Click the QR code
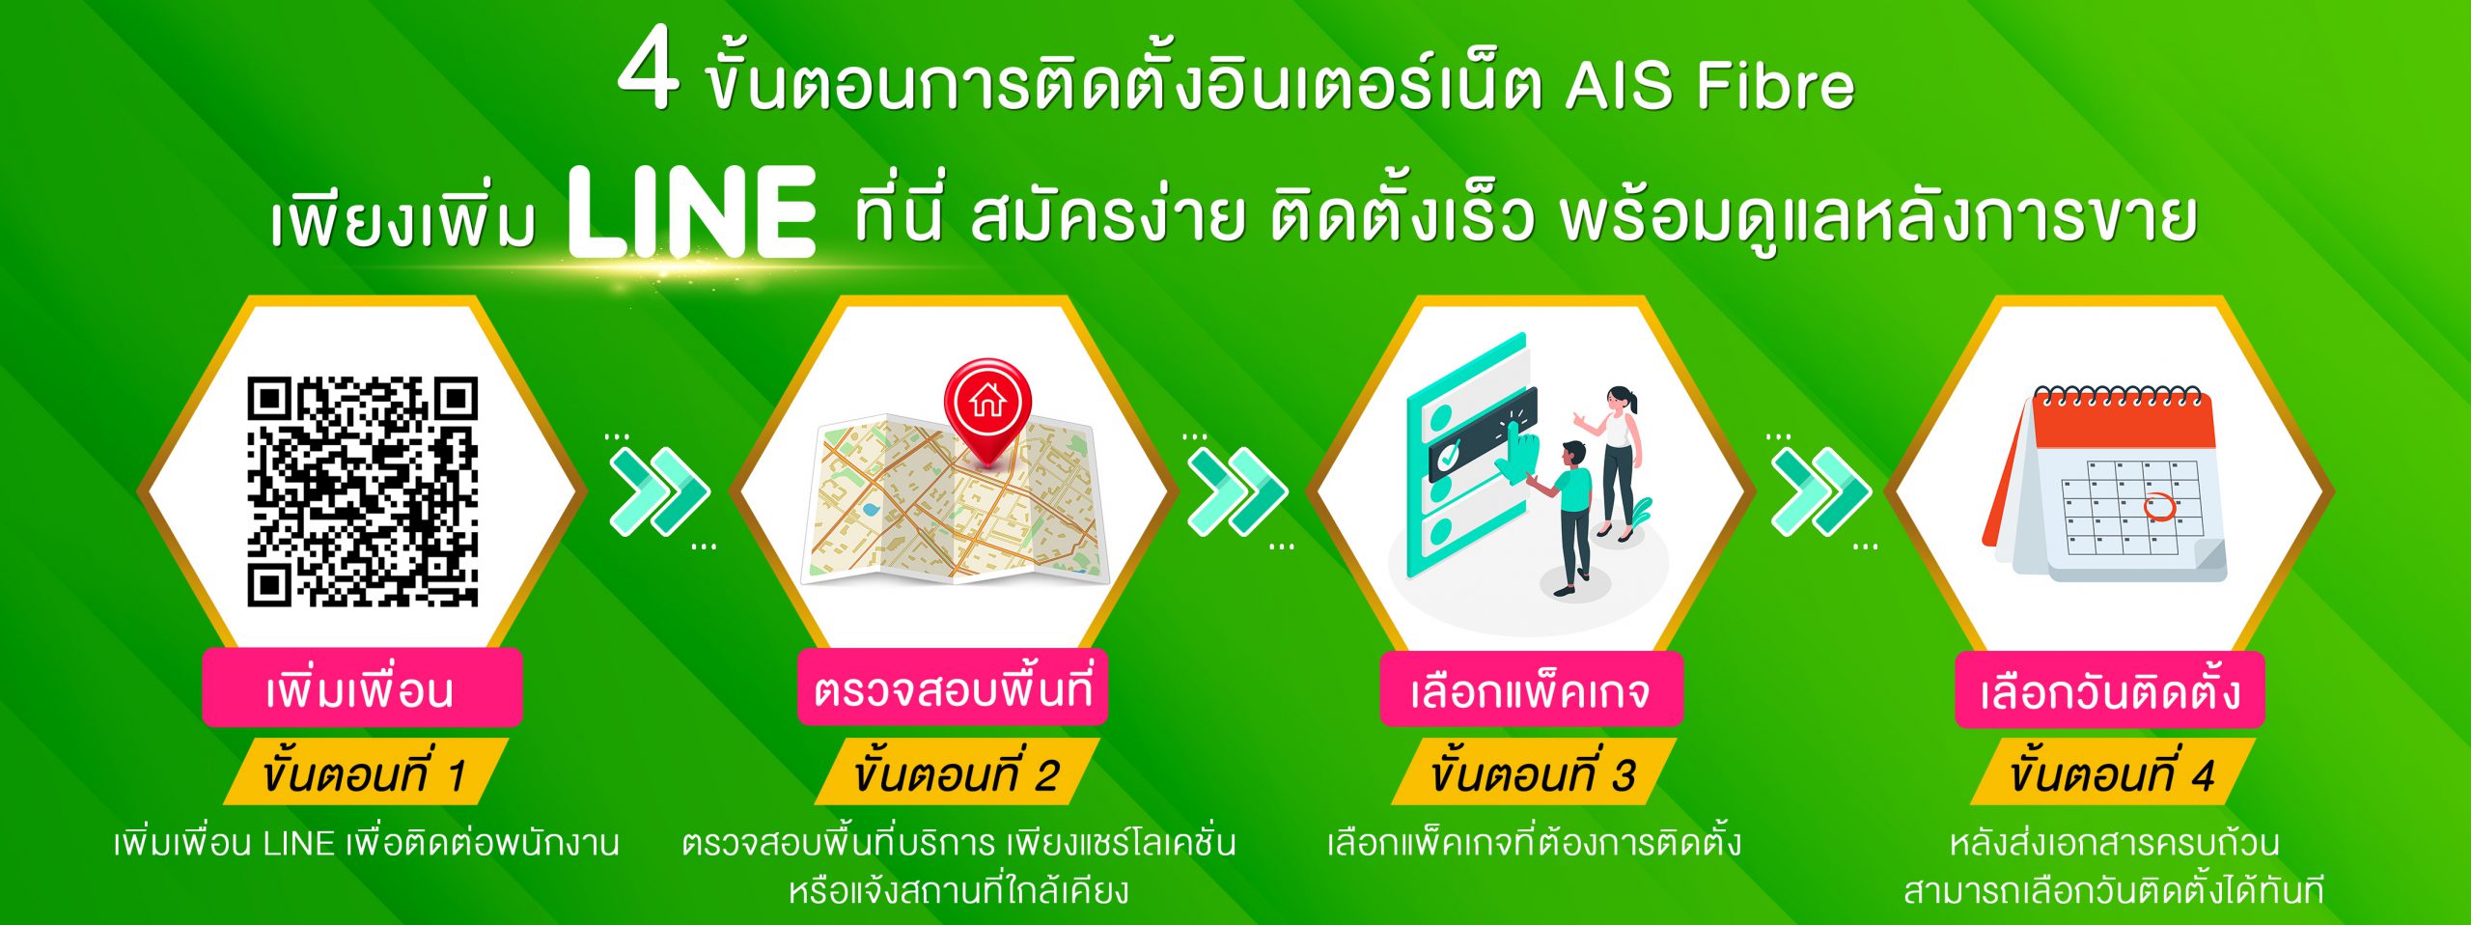(x=363, y=491)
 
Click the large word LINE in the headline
(x=691, y=211)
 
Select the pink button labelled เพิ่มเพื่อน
(x=362, y=688)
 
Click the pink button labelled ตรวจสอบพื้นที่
(x=952, y=687)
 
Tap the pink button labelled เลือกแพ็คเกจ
(x=1531, y=689)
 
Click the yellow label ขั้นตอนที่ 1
(x=365, y=772)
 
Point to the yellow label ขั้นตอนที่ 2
(x=956, y=772)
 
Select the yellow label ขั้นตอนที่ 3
(x=1533, y=772)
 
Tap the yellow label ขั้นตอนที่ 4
(x=2112, y=772)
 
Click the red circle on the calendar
(x=2159, y=506)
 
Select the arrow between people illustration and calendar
(x=1820, y=491)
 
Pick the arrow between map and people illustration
(x=1236, y=491)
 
